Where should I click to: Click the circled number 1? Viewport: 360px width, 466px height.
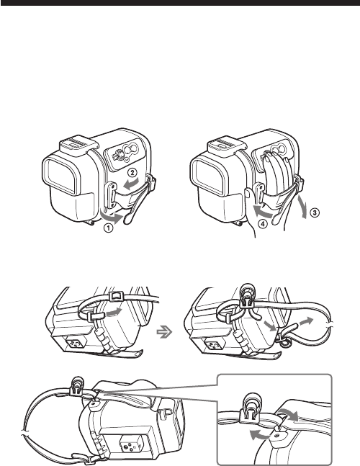point(109,229)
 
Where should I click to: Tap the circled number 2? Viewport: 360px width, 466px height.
point(132,172)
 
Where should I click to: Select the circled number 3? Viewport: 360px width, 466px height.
point(315,212)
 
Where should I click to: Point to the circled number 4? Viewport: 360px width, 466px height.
point(263,225)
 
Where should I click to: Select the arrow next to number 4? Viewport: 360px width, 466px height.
point(263,211)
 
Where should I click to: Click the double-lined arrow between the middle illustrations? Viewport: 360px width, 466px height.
point(165,331)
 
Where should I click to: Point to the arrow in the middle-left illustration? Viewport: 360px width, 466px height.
point(114,312)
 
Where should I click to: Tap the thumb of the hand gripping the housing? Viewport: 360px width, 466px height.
point(248,194)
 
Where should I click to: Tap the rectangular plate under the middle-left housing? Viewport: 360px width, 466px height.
point(75,344)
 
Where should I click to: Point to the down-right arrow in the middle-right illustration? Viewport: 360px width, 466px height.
point(270,326)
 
